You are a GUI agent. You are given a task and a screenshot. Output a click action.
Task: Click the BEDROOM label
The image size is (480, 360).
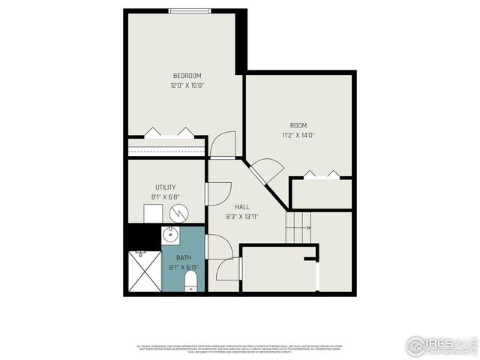(187, 76)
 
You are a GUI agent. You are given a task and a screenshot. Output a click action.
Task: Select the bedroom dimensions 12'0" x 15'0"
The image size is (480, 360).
(187, 85)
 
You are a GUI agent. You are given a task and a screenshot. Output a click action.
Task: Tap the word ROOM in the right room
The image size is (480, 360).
(298, 125)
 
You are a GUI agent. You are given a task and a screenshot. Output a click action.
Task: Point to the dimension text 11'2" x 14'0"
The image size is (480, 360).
(298, 135)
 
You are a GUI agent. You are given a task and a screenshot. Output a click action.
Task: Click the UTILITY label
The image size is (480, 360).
(166, 187)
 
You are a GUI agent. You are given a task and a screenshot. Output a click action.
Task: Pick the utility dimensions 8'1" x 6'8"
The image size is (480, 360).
(166, 197)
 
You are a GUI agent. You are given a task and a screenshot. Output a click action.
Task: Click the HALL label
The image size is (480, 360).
(241, 206)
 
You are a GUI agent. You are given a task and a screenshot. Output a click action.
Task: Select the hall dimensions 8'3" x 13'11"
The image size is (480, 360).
(242, 217)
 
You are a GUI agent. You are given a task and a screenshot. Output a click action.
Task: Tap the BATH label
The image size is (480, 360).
(184, 257)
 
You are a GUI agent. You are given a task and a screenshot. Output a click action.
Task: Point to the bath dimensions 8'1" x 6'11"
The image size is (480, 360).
(184, 267)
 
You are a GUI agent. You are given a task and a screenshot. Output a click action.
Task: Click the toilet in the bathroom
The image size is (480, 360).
(190, 281)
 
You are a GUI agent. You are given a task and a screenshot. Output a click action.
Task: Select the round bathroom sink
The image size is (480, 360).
(169, 236)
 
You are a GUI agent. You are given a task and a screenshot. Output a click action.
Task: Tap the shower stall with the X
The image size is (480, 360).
(144, 271)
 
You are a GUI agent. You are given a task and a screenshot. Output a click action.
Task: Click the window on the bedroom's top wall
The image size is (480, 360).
(189, 10)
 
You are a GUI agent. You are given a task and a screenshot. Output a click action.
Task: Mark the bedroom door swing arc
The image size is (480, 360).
(223, 144)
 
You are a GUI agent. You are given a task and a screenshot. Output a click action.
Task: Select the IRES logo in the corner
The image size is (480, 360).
(442, 345)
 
